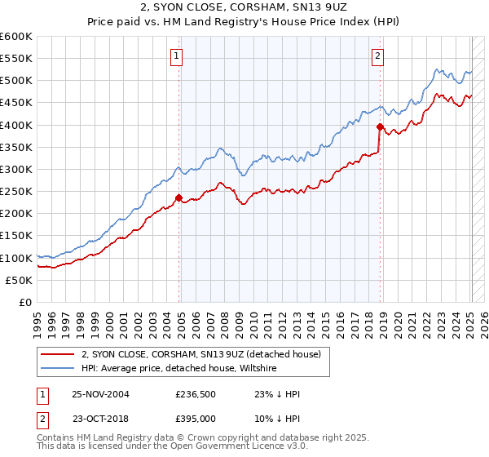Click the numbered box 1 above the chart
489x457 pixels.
pos(176,56)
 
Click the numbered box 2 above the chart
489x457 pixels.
pos(378,56)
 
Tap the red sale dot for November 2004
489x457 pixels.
pos(178,197)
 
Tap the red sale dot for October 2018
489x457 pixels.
pos(380,126)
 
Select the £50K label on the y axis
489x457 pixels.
pos(20,280)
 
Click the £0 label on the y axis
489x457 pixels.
pos(27,302)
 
